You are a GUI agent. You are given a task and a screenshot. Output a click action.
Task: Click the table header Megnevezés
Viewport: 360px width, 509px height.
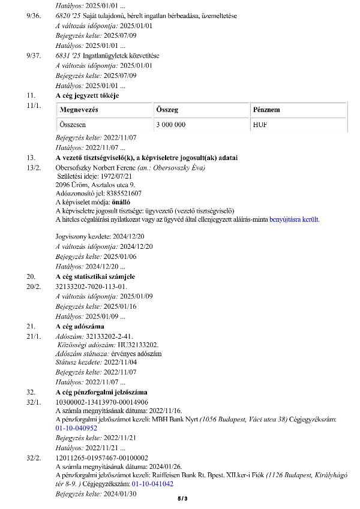point(79,110)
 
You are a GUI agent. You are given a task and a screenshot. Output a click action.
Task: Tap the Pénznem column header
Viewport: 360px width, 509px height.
point(266,110)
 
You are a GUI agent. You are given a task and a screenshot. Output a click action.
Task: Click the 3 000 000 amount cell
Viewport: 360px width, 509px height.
point(171,125)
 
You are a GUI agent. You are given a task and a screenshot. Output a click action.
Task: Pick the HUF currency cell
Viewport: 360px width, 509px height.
point(260,125)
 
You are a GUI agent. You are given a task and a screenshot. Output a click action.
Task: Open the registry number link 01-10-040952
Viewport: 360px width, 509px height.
point(76,428)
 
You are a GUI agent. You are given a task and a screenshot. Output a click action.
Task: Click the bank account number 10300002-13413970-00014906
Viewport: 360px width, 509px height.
point(101,402)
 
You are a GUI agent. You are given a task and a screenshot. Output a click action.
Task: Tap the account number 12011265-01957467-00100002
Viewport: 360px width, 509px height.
point(101,457)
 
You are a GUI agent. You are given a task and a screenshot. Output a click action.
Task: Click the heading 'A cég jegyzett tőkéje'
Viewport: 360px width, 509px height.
point(87,96)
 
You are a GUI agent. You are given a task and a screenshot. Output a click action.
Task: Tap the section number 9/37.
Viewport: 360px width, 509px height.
point(34,56)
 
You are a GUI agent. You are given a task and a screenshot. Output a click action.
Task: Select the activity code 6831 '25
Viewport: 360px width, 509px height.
point(67,56)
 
